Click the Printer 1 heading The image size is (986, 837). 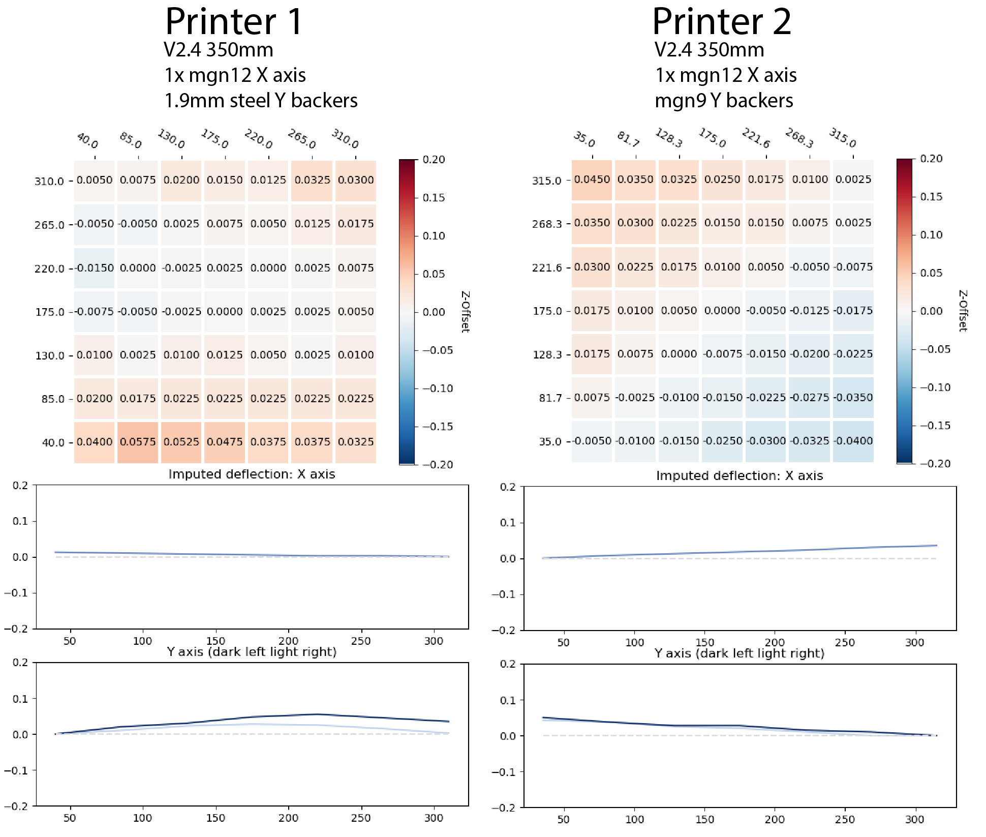tap(234, 21)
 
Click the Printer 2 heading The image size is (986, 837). tap(722, 21)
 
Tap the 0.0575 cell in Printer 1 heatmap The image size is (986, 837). tap(138, 442)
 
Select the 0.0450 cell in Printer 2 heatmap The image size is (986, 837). tap(592, 180)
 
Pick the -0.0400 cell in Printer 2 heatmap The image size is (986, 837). tap(853, 441)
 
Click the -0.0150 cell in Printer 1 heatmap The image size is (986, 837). tap(95, 268)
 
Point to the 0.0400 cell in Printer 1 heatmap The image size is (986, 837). tap(95, 442)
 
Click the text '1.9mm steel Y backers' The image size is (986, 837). tap(261, 101)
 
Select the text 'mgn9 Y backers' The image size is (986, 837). tap(724, 101)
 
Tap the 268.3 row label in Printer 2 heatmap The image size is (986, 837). tap(546, 224)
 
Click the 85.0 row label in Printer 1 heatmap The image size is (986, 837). tap(52, 399)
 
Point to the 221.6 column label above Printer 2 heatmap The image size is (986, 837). tap(756, 138)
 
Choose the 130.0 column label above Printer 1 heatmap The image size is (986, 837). tap(171, 138)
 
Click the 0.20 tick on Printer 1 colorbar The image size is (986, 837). tap(434, 160)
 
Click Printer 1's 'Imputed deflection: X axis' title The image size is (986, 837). tap(252, 474)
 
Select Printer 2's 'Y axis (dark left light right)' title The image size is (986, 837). tap(739, 653)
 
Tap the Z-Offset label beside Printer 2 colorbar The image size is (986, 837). tap(963, 311)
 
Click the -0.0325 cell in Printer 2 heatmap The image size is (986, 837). tap(810, 441)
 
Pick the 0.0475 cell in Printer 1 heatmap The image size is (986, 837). tap(225, 442)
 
